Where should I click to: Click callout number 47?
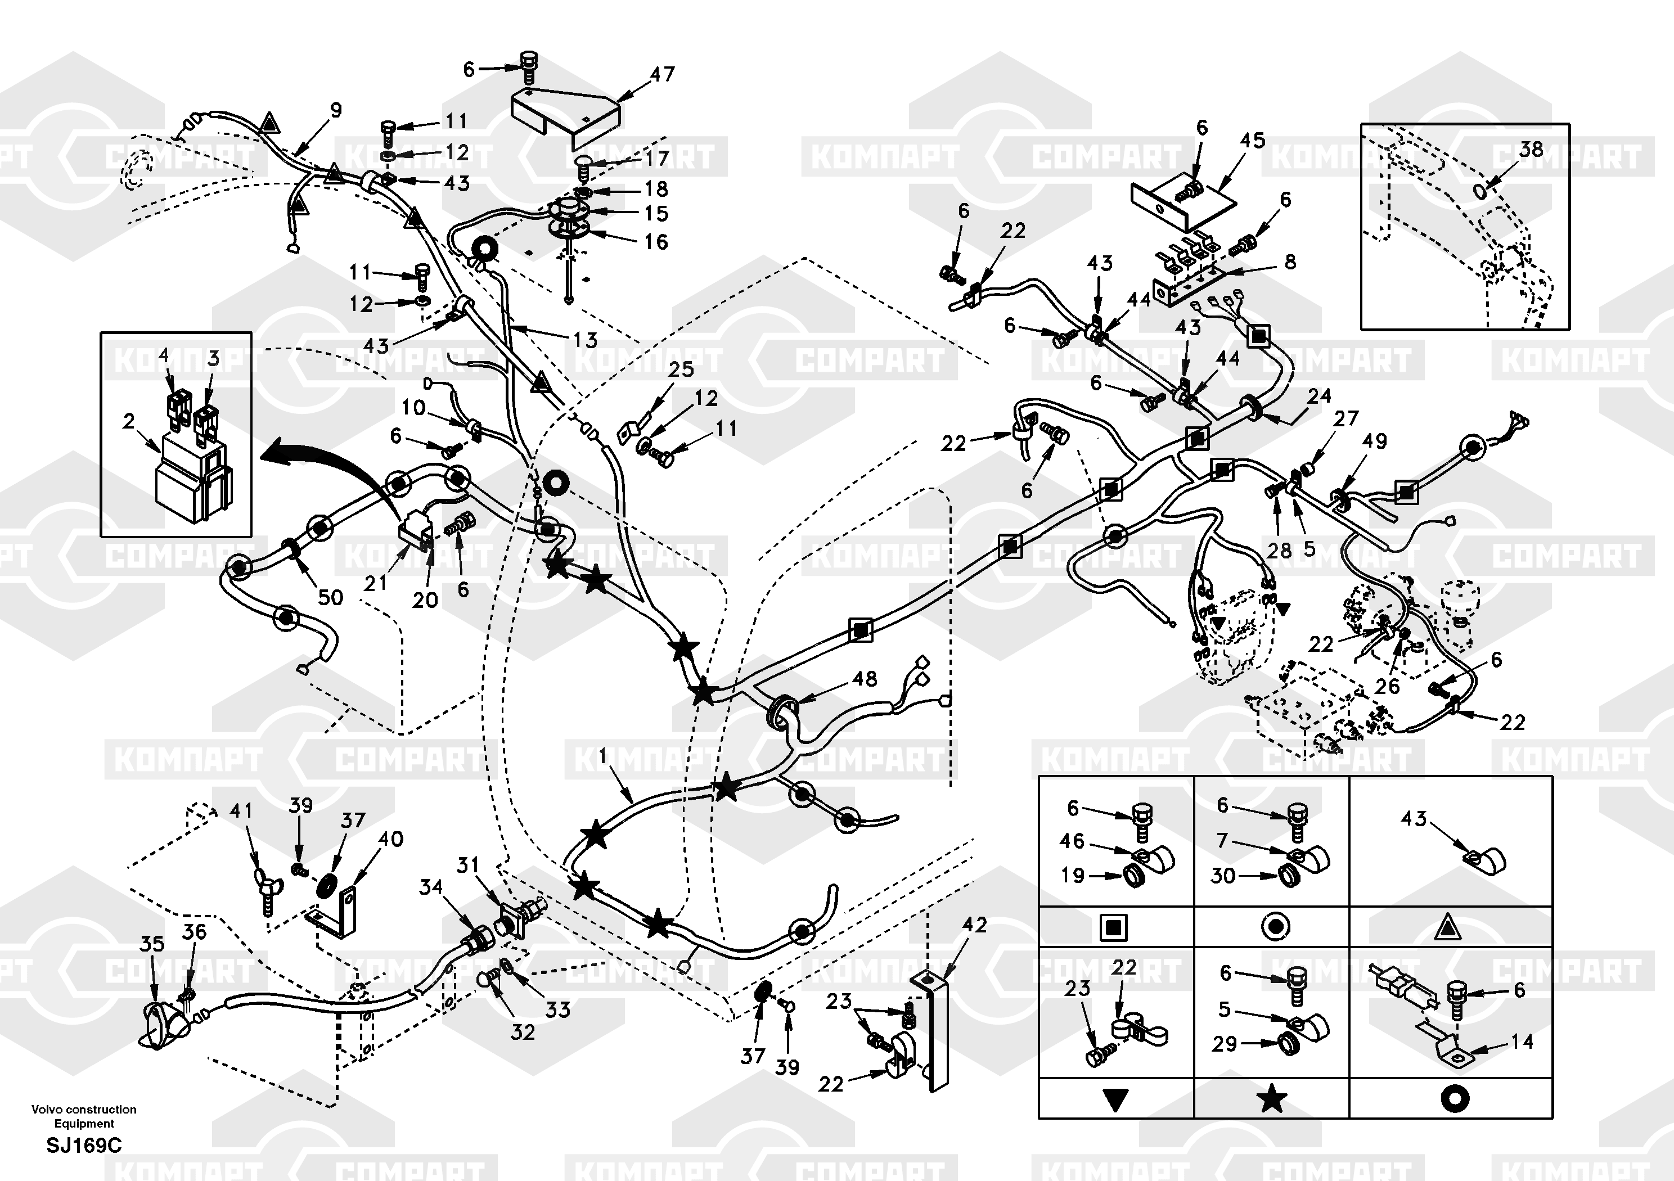662,74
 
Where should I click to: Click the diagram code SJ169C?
84,1145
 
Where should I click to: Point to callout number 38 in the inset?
1531,150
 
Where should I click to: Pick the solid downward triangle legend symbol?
1115,1100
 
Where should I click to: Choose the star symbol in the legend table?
1272,1099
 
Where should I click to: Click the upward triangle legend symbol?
1447,928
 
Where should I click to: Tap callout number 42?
974,925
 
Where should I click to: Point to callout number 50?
330,597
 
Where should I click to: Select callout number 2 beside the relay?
129,421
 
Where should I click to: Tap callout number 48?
865,679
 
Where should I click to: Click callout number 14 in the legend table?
1522,1042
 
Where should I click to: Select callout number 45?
1253,140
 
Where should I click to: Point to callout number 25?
681,369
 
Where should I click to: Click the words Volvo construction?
84,1110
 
